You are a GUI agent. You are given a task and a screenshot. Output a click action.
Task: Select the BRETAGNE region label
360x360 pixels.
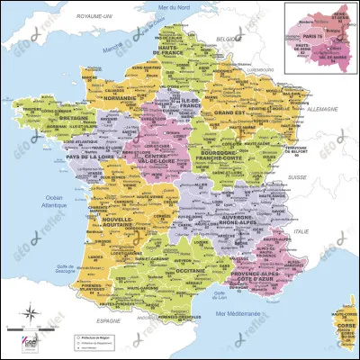point(49,117)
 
